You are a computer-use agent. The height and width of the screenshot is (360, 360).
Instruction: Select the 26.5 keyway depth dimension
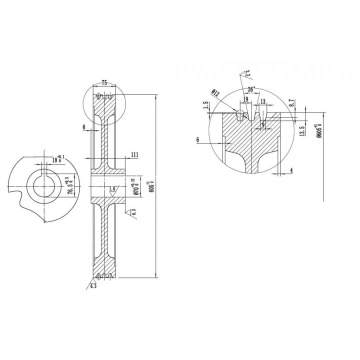[70, 182]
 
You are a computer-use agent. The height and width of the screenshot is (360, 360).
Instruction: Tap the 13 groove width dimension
[261, 101]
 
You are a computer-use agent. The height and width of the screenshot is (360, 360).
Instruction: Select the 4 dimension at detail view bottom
[290, 170]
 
